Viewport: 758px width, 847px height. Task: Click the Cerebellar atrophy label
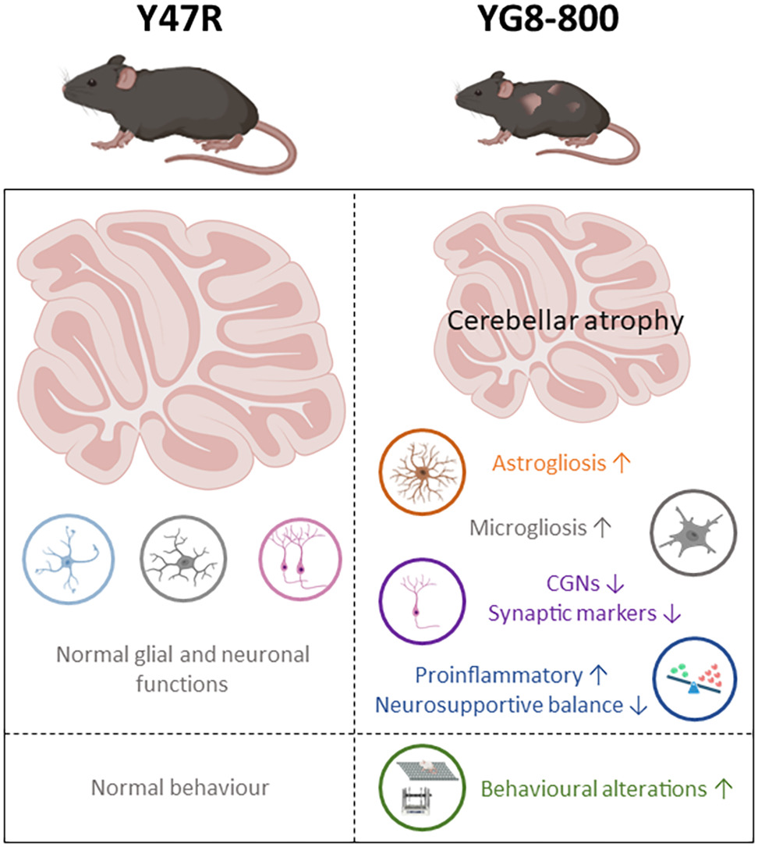[565, 320]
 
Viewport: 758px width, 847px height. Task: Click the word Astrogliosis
[549, 464]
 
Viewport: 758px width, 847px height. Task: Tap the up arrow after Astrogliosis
[622, 464]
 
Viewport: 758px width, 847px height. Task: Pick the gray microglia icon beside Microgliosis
[693, 535]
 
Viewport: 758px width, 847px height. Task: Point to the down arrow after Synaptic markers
[671, 614]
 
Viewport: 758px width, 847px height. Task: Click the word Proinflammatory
[499, 674]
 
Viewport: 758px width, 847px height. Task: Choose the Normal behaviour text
[180, 788]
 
